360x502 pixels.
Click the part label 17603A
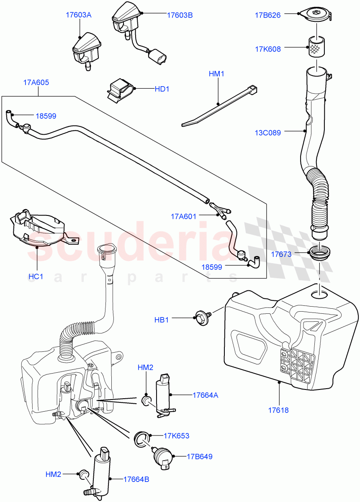click(x=78, y=15)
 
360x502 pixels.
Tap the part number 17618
click(x=279, y=410)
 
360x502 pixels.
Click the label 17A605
click(x=36, y=82)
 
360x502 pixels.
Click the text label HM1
click(x=216, y=74)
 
